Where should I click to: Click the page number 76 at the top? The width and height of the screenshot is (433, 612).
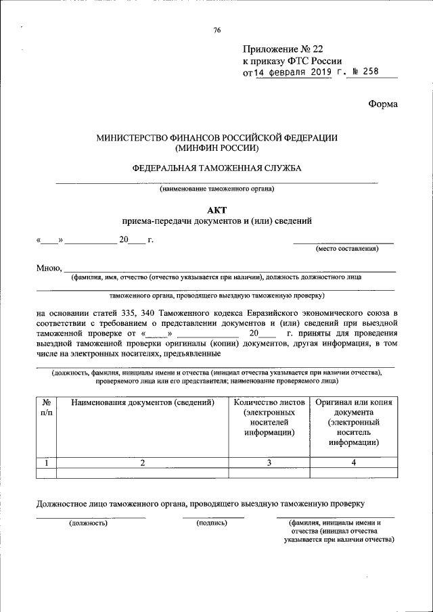pos(216,30)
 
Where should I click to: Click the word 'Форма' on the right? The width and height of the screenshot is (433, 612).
pos(383,103)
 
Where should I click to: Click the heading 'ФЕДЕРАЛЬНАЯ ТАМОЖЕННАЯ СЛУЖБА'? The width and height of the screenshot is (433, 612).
pos(216,167)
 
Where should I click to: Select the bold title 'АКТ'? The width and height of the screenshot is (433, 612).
pos(216,210)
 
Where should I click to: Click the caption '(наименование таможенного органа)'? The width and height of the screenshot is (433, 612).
pos(216,189)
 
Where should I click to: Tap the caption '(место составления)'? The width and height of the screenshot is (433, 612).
pos(347,249)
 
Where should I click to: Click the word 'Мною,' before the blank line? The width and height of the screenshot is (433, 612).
pos(49,268)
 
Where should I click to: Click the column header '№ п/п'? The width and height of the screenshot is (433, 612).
pos(45,407)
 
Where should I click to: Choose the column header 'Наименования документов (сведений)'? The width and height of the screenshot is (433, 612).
pos(142,402)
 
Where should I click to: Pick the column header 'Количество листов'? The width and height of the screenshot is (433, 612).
pos(269,402)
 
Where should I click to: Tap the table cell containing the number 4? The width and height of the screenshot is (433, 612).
pos(353,463)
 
